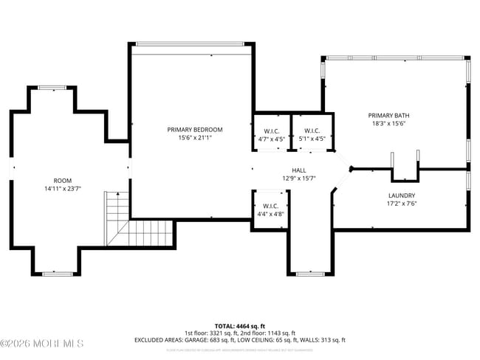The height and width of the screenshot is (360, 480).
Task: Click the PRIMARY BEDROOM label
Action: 195,130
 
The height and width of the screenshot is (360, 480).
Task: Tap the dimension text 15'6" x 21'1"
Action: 195,138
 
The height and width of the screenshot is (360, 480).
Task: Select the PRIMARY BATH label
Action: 388,116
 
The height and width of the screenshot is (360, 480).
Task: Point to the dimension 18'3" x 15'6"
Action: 388,124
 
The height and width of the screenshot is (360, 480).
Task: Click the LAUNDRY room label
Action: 402,195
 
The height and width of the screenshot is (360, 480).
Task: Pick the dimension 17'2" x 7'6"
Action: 402,204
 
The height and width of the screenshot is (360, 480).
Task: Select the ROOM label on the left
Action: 63,180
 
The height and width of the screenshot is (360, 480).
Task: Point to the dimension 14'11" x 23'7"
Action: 63,188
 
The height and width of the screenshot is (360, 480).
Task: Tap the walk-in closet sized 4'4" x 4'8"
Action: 269,210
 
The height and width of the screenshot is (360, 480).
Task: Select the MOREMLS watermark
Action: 42,344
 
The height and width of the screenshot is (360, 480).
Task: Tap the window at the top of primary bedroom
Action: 192,44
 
